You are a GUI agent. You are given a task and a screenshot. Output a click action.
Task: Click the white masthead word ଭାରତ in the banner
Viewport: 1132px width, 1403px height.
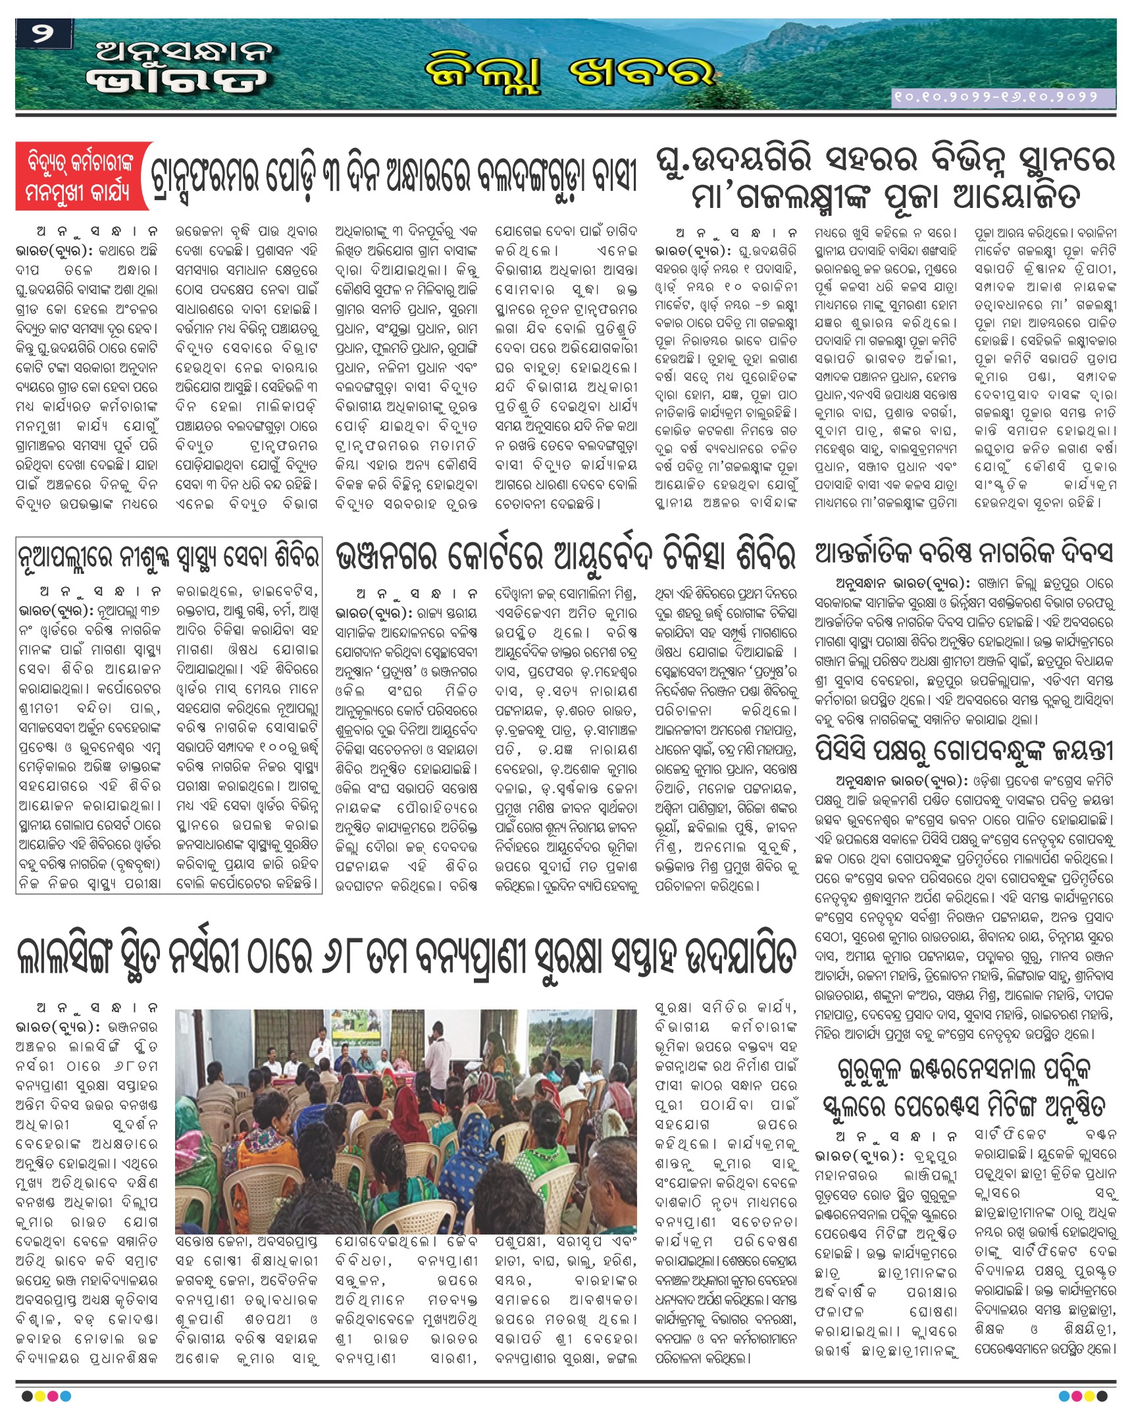click(x=178, y=81)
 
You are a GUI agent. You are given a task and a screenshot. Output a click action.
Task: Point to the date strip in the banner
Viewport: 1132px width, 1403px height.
click(x=1003, y=97)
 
